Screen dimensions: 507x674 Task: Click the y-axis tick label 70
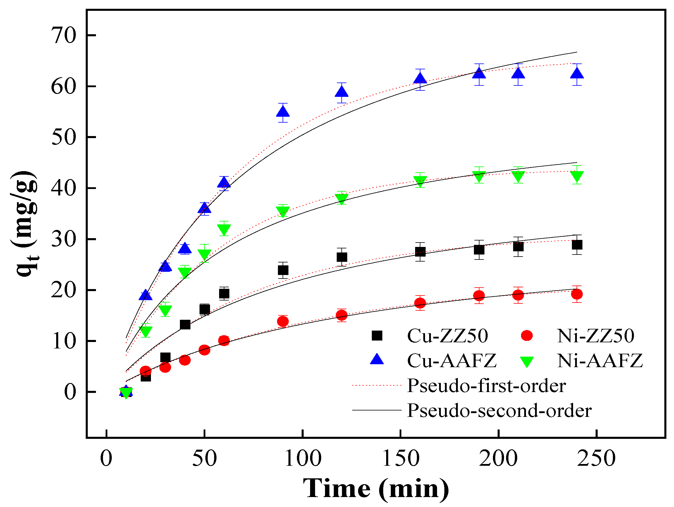point(63,36)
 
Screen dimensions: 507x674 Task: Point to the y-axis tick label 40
point(63,188)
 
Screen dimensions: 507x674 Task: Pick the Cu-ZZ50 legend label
point(448,336)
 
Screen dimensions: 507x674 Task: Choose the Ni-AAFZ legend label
point(600,361)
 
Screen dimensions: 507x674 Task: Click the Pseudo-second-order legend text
point(499,411)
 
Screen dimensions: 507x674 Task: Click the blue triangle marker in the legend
point(377,360)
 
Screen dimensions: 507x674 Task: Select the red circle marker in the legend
point(527,336)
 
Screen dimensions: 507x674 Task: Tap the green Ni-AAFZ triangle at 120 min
point(342,199)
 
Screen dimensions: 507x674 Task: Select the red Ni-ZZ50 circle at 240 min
point(577,294)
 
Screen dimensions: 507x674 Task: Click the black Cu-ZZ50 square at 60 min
point(224,294)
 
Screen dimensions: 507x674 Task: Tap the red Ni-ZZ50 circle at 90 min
point(283,322)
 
